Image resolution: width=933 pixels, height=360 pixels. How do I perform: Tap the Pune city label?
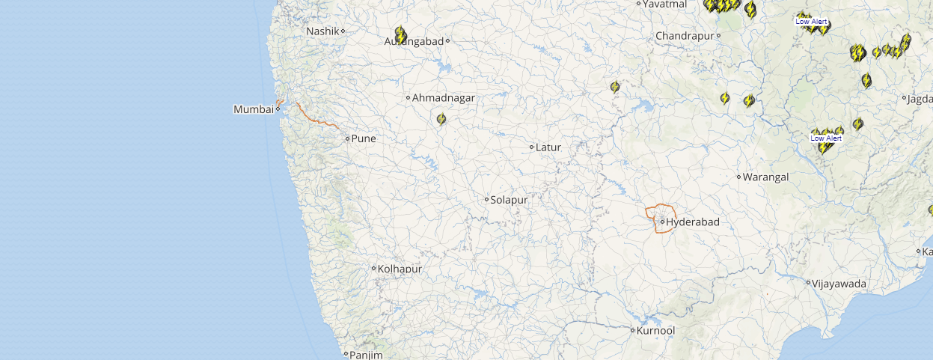tap(364, 138)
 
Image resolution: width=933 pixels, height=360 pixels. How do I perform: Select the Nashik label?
tap(323, 31)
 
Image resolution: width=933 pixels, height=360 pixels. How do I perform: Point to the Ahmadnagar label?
tap(444, 97)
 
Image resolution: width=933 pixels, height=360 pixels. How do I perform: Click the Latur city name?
tap(548, 147)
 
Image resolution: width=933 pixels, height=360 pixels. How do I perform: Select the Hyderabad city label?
tap(692, 222)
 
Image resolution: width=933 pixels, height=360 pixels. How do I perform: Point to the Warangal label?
tap(765, 177)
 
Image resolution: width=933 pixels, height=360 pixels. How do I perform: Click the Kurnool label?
tap(656, 330)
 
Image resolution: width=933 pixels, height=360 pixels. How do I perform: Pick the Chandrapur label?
tap(684, 36)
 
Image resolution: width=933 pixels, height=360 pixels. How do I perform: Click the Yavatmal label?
tap(664, 4)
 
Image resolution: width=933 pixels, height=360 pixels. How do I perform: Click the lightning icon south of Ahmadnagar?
tap(441, 119)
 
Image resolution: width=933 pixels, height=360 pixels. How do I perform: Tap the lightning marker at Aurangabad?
tap(400, 35)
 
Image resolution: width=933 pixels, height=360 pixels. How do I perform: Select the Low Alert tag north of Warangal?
tap(826, 138)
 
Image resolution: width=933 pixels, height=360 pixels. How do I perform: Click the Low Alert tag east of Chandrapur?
tap(811, 22)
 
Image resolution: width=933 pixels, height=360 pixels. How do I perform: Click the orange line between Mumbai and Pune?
tap(314, 118)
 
